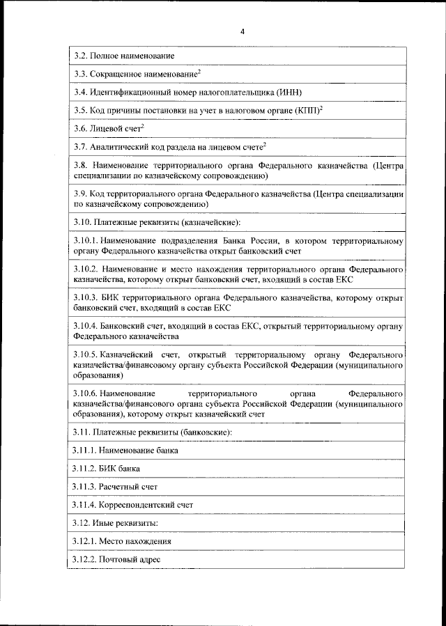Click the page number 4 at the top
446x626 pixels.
click(x=243, y=31)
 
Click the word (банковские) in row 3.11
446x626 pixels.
click(x=205, y=432)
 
